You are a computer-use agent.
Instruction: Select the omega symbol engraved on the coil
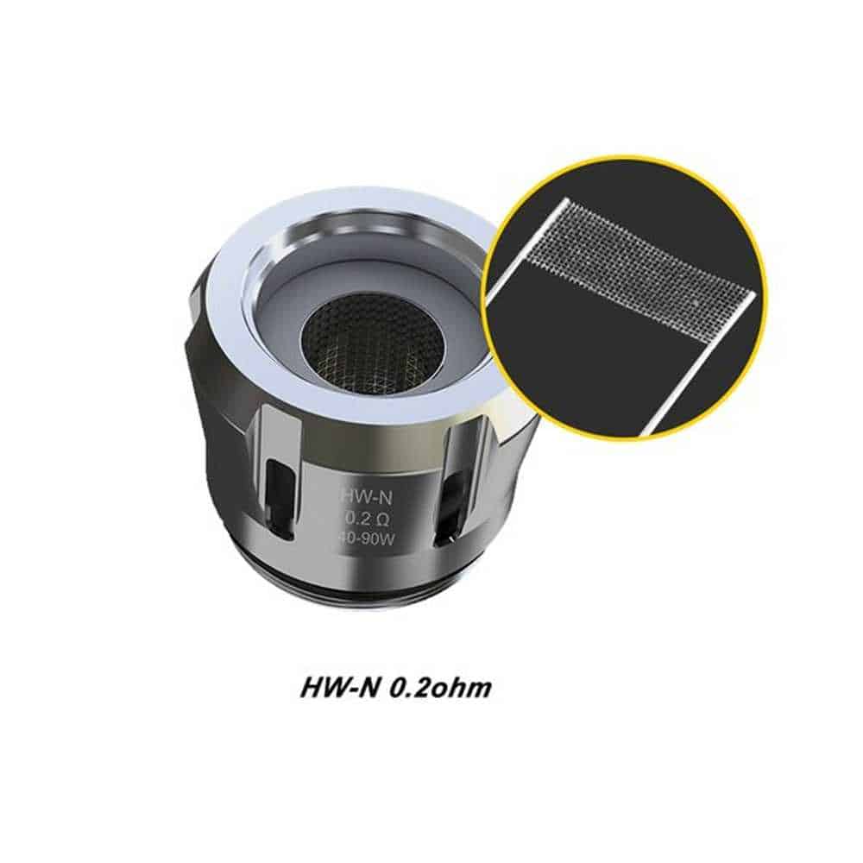[381, 519]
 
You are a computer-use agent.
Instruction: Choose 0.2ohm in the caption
[439, 688]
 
